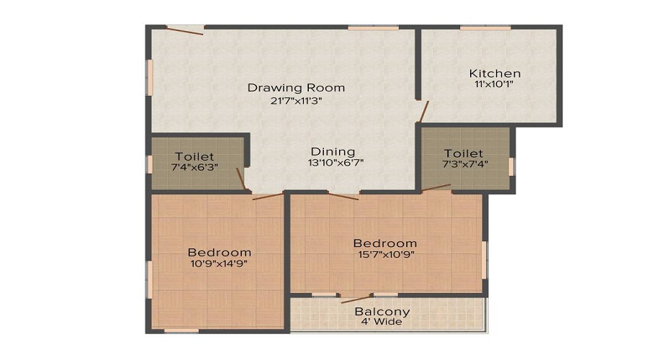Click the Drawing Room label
pos(296,88)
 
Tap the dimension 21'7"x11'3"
pos(296,101)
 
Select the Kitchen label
pos(495,73)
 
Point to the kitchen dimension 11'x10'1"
pos(495,84)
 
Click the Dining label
pos(333,151)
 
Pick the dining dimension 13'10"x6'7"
pos(333,163)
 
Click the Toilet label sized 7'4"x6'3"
pos(194,156)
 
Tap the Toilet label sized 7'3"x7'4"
pos(464,153)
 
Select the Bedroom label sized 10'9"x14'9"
pos(220,252)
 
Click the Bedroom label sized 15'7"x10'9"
pos(384,243)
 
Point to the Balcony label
pos(382,312)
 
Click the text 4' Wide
pos(382,322)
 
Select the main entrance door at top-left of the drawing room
pos(184,30)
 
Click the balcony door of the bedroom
pos(355,297)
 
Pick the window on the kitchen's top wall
pos(485,28)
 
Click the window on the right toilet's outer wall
pos(512,166)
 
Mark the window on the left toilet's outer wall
pos(150,163)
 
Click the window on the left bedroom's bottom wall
pos(181,330)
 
